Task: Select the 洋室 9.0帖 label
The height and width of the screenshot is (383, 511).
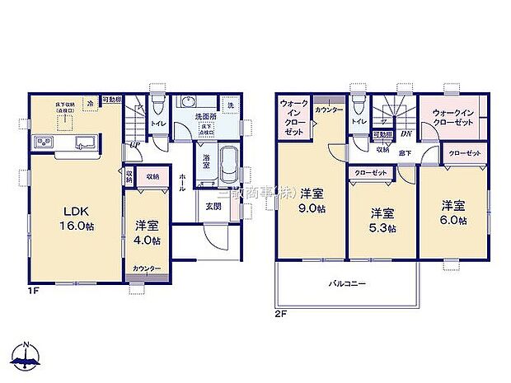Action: click(311, 201)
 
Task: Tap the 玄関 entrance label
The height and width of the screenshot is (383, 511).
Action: click(213, 206)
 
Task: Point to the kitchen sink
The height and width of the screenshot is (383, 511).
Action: click(85, 145)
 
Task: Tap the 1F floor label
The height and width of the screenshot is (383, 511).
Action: click(31, 290)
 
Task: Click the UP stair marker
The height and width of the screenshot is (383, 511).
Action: click(133, 146)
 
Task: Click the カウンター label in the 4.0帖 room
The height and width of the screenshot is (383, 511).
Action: click(147, 269)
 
